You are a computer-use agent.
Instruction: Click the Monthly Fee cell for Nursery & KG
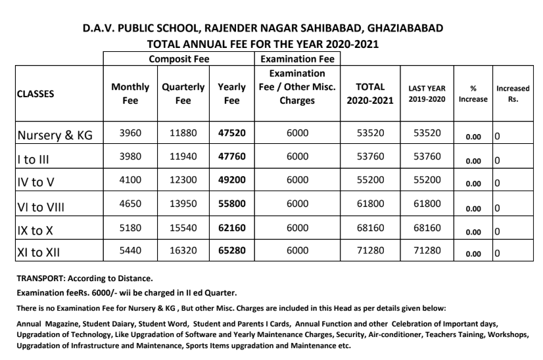[130, 133]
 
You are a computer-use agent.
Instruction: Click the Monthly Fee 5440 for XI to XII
[130, 251]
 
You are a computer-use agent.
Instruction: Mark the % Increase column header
[473, 93]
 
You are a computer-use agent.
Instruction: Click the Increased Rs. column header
[513, 93]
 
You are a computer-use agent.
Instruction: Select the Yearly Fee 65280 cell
[231, 251]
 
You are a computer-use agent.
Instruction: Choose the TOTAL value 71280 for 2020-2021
[370, 251]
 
